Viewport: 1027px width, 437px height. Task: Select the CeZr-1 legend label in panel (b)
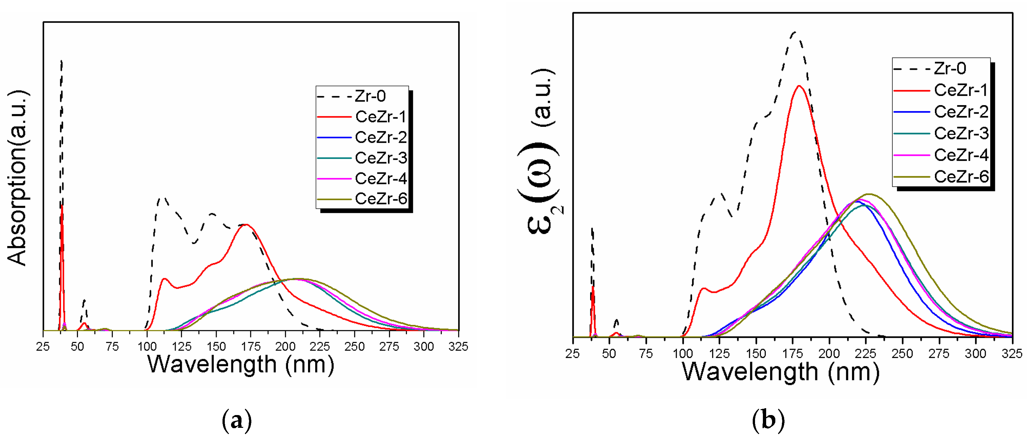961,90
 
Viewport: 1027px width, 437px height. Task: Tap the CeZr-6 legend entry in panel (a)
381,199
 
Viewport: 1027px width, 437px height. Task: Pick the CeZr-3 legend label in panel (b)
961,133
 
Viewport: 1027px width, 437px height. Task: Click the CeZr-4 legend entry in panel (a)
381,178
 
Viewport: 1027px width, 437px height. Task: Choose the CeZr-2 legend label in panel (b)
961,112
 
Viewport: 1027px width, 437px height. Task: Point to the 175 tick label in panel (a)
250,347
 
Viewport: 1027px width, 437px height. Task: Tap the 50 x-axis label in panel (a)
77,347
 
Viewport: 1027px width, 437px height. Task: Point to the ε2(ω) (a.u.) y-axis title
542,152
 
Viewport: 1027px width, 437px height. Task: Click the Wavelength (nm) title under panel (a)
241,364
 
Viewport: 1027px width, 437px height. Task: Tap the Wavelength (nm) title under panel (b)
780,371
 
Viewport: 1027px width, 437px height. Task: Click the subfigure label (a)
237,420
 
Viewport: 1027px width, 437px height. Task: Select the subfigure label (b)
768,420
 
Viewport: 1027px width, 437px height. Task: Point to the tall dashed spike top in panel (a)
61,61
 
